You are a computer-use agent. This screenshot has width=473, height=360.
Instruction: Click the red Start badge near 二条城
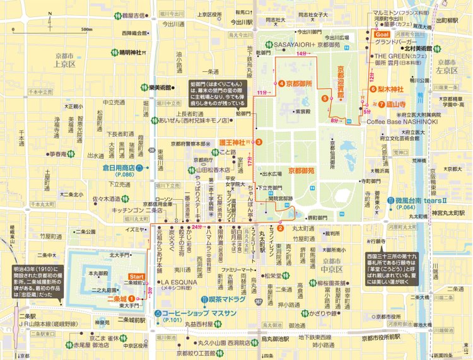[136, 276]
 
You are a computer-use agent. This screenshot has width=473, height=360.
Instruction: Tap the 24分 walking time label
[197, 226]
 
